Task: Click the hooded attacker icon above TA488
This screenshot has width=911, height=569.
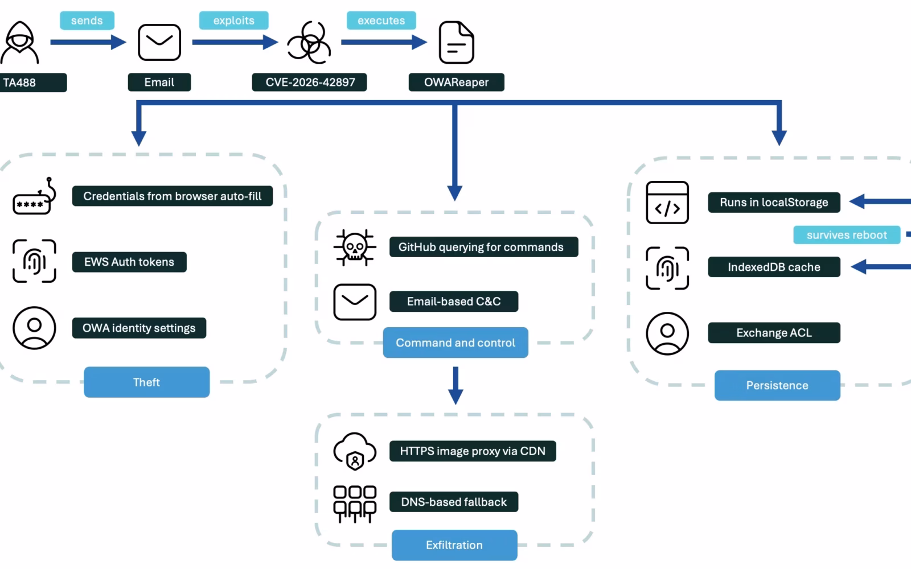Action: coord(19,42)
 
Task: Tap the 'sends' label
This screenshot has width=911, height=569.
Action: coord(87,20)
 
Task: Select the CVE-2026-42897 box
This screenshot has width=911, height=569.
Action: coord(309,82)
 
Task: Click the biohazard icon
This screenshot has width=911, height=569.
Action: coord(309,42)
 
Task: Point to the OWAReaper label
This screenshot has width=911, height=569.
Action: coord(456,82)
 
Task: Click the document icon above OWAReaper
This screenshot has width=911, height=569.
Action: coord(456,42)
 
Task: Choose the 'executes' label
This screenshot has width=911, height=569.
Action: coord(381,20)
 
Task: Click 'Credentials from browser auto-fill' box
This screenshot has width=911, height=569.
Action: coord(173,196)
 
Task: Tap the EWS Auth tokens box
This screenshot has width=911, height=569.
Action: coord(129,262)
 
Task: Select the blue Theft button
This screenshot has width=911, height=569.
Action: coord(147,382)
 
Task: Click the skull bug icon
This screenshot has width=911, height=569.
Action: coord(355,247)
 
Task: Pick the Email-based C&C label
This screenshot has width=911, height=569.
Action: coord(454,301)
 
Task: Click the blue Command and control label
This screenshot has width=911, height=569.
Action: coord(455,343)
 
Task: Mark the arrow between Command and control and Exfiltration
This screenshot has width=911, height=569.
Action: coord(455,385)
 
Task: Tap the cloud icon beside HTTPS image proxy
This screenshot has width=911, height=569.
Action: coord(355,451)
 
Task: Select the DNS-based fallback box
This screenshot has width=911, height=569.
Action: coord(454,502)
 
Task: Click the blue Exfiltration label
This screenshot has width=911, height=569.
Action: coord(454,545)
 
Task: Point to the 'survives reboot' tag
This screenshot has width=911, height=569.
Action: coord(847,235)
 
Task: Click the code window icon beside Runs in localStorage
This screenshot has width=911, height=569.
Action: coord(667,203)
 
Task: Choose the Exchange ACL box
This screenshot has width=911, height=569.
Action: coord(774,332)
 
